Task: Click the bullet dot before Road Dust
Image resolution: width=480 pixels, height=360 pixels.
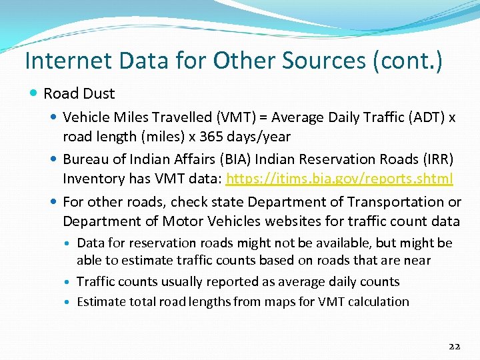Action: (34, 93)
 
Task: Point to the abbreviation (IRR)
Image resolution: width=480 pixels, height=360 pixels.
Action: (436, 159)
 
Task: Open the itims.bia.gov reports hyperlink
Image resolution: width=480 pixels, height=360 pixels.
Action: (340, 179)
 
